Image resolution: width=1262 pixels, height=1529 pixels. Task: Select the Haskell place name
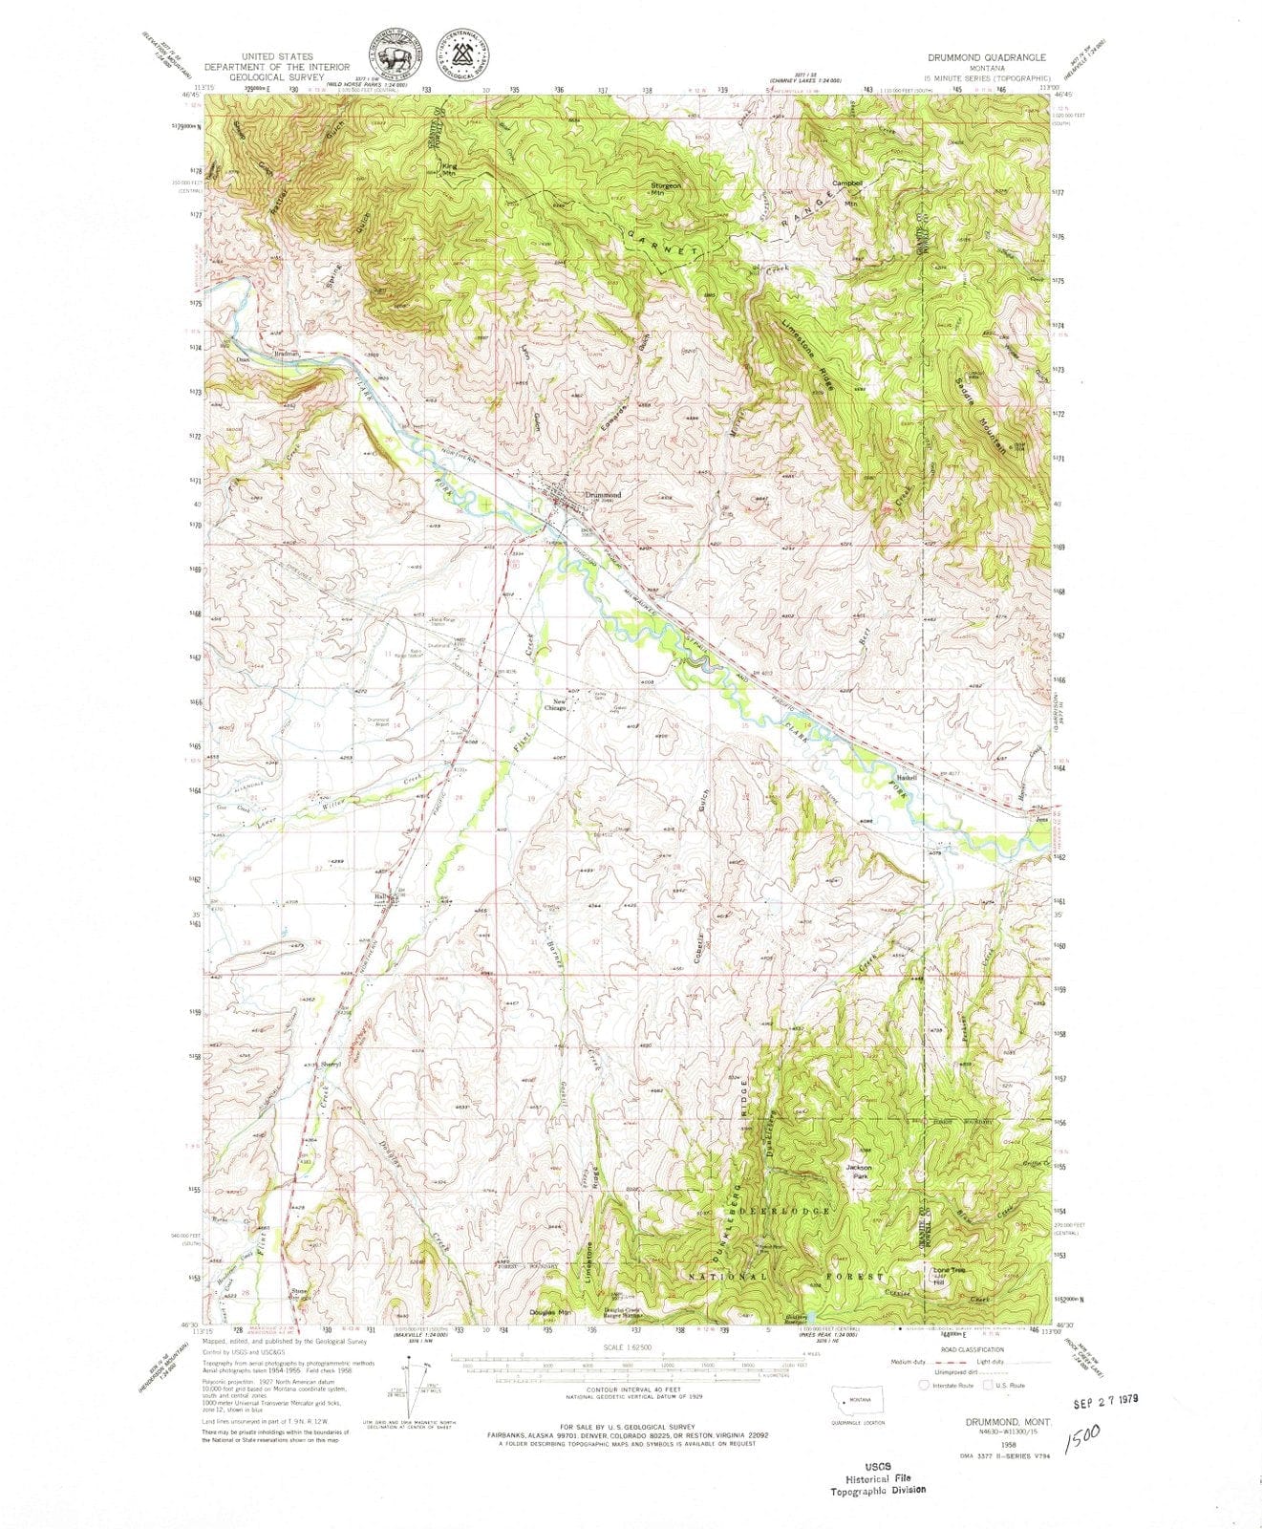(x=906, y=778)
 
